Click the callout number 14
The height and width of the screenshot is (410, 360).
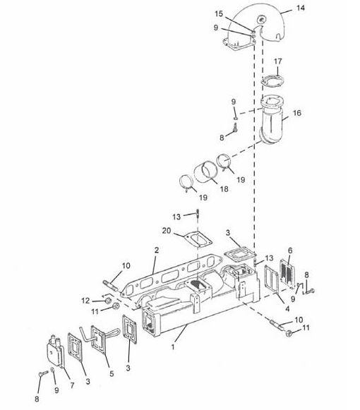pos(300,8)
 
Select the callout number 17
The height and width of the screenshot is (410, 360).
pos(278,61)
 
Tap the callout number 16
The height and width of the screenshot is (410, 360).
pos(297,113)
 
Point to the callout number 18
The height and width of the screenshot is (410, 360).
pos(224,189)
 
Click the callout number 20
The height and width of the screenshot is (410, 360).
pos(167,231)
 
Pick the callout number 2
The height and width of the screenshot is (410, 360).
pos(157,251)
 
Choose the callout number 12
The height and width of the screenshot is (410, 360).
pos(85,301)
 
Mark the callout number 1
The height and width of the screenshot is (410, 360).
pos(173,347)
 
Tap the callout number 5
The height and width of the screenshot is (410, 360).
pos(112,373)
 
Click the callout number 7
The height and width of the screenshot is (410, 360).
pos(72,385)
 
